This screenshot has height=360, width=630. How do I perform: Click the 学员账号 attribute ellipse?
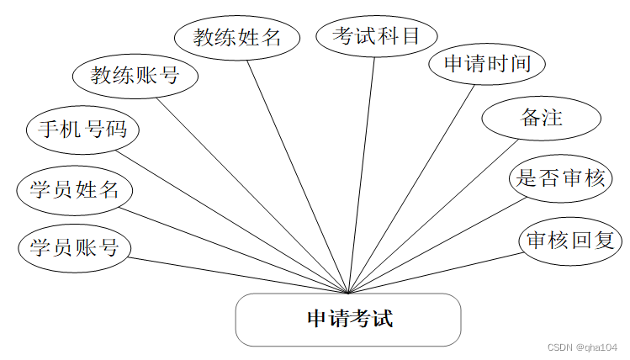[x=74, y=247]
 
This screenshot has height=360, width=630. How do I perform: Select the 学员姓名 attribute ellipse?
[x=74, y=189]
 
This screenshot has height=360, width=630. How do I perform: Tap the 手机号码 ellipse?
[x=82, y=130]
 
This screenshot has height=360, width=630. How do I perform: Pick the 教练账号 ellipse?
[x=135, y=77]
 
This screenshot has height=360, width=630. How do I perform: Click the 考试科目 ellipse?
[x=375, y=36]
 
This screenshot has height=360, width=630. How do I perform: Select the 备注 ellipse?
[x=541, y=119]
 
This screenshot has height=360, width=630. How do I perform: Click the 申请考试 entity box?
[x=348, y=320]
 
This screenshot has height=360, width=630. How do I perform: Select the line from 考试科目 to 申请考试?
[x=363, y=168]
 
